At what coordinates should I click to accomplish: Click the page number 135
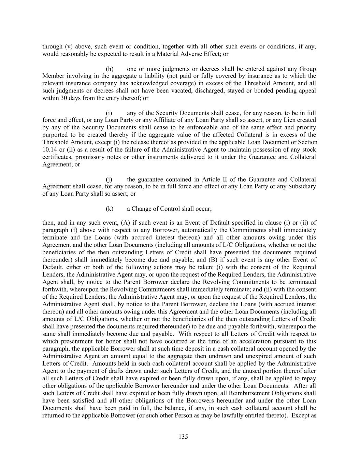click(183, 437)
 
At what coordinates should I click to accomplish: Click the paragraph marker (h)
click(110, 69)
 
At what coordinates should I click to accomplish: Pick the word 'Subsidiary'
click(302, 187)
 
